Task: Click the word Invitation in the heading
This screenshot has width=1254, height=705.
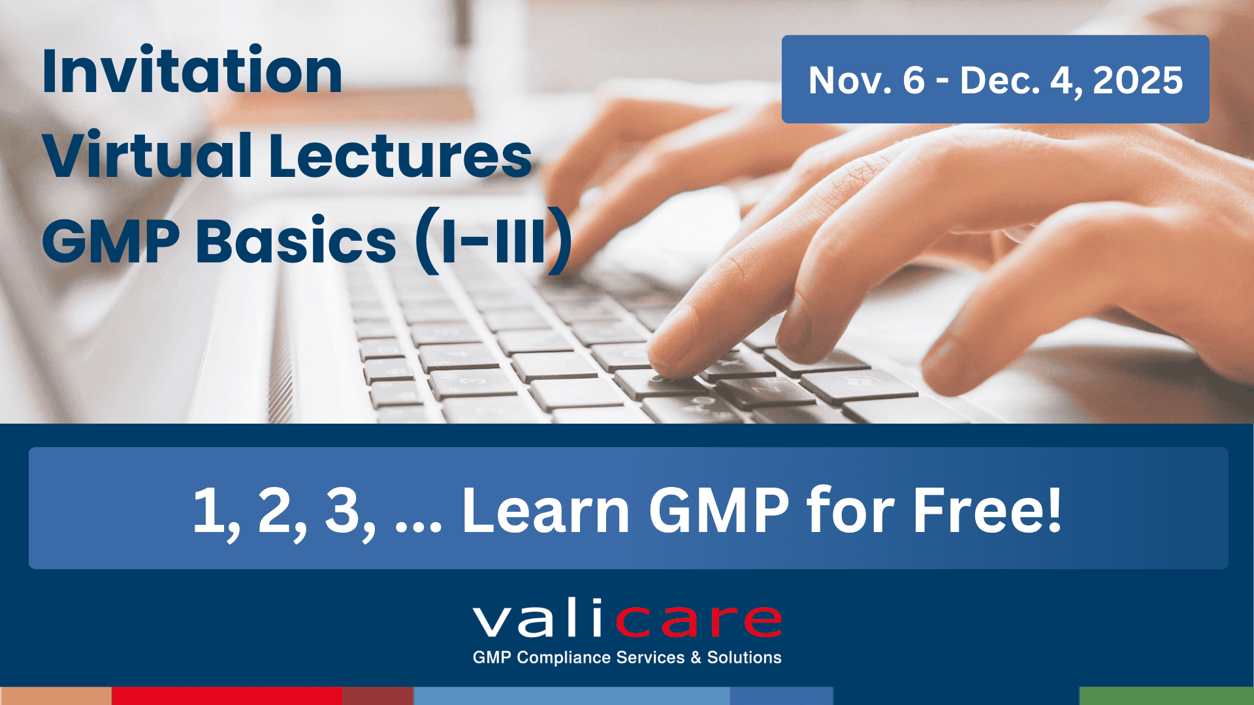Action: click(x=192, y=71)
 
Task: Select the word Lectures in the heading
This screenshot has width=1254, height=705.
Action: click(x=400, y=156)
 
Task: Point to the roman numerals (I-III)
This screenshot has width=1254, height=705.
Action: click(x=494, y=241)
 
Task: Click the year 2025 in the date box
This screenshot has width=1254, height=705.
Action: click(x=1137, y=80)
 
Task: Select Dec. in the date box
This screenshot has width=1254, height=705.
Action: click(x=999, y=80)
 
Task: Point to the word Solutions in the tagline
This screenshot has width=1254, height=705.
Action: click(x=744, y=657)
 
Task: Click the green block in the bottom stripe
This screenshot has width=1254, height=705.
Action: click(x=1166, y=696)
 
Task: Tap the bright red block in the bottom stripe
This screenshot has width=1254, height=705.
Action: click(x=227, y=696)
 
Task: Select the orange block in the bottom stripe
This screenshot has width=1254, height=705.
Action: click(x=56, y=696)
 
